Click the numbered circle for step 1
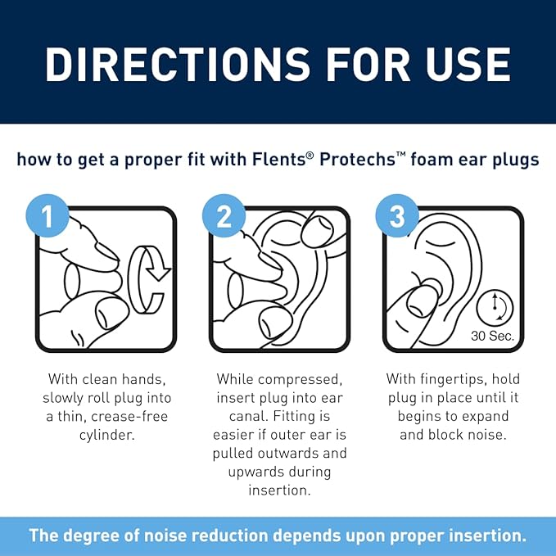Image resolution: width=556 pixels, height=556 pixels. pyautogui.click(x=47, y=215)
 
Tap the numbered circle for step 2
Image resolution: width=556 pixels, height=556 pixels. pyautogui.click(x=224, y=215)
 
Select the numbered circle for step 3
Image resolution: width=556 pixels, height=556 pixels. pyautogui.click(x=397, y=215)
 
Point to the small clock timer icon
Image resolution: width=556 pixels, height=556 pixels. pyautogui.click(x=495, y=307)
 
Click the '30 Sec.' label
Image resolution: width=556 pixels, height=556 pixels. pyautogui.click(x=492, y=336)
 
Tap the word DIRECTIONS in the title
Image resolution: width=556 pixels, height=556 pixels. pyautogui.click(x=178, y=65)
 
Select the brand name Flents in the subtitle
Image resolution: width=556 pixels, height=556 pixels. pyautogui.click(x=278, y=159)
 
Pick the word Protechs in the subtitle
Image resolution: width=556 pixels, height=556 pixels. pyautogui.click(x=357, y=159)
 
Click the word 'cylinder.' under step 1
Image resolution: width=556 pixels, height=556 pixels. pyautogui.click(x=106, y=435)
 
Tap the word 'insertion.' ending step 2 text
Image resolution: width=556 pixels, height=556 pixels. pyautogui.click(x=279, y=490)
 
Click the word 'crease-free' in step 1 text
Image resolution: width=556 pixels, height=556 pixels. pyautogui.click(x=129, y=416)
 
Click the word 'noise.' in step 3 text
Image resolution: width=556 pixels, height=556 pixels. pyautogui.click(x=487, y=435)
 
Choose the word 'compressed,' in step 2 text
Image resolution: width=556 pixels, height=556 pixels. pyautogui.click(x=300, y=380)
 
